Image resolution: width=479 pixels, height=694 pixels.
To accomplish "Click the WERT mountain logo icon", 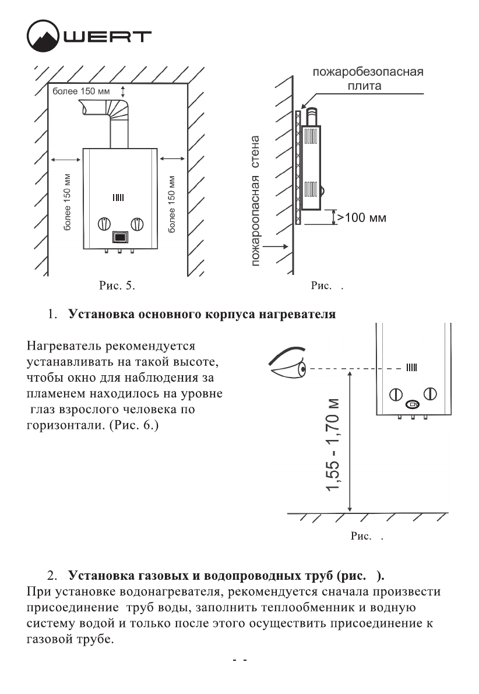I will [43, 37].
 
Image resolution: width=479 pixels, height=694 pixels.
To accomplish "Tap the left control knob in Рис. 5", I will [103, 224].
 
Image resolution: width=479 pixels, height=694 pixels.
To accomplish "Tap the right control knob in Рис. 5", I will [137, 224].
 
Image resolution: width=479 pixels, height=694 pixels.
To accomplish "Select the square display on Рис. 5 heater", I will [120, 238].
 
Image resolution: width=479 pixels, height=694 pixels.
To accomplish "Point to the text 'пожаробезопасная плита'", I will [367, 79].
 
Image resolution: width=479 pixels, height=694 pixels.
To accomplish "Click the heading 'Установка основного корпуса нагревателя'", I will [202, 315].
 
